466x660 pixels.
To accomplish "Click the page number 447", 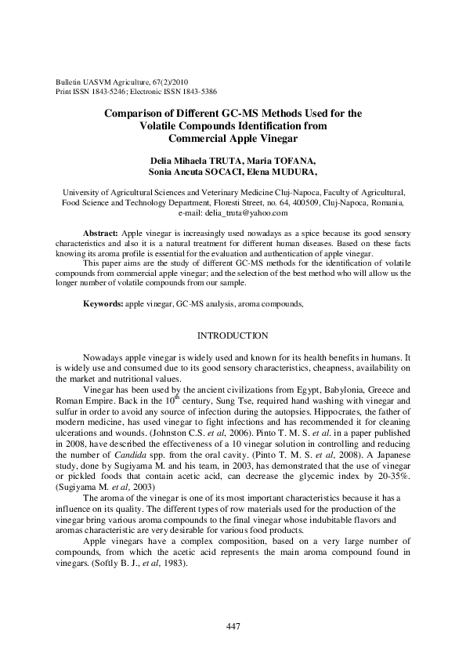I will [x=233, y=626].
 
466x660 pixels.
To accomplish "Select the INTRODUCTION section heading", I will [x=233, y=335].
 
